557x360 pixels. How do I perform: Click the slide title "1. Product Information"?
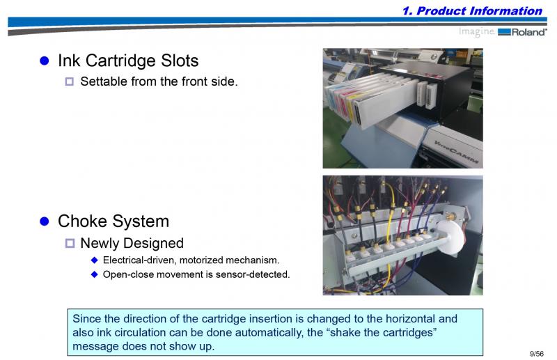[472, 10]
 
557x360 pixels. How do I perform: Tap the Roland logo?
[522, 32]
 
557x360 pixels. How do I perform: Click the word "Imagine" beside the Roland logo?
[477, 31]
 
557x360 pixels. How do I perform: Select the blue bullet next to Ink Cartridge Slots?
[45, 61]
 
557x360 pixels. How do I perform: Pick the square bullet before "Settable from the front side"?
[70, 81]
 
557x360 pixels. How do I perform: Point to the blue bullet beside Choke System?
[45, 221]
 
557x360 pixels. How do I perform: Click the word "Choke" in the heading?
[82, 221]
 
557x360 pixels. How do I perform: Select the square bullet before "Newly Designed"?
[70, 243]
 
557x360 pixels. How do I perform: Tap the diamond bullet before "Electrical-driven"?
[95, 260]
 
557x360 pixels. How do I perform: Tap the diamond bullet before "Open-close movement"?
[95, 274]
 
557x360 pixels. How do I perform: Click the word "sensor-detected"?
[253, 274]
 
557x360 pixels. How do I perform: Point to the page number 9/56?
[537, 354]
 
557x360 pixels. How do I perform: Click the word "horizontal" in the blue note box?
[410, 318]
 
